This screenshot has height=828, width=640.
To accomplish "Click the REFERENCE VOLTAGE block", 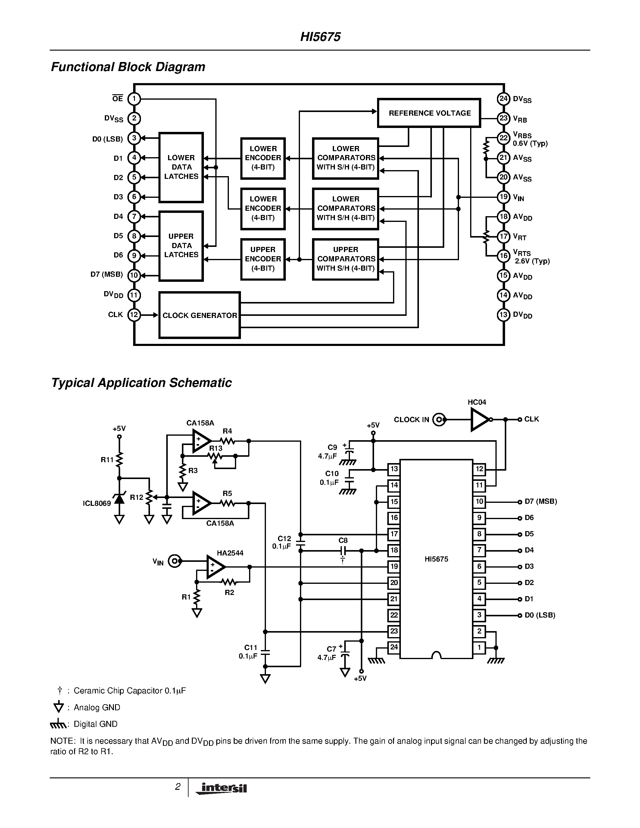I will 429,113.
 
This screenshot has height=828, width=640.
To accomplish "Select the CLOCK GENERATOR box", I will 199,315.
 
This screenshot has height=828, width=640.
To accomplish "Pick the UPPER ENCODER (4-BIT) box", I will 263,259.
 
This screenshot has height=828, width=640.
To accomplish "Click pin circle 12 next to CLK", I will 134,315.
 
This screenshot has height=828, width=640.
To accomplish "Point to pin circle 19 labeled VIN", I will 503,197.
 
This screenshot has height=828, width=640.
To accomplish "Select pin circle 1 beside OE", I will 134,99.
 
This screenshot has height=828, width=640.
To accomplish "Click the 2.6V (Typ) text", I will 532,261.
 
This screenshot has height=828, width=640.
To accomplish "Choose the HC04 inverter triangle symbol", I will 479,420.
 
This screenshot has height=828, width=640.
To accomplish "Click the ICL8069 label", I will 97,503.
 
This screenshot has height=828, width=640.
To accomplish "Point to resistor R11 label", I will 107,460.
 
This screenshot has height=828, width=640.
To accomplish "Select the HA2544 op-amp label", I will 230,553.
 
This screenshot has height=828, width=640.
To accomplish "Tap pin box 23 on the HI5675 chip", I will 394,631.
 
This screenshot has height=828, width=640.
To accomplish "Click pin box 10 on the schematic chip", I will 479,502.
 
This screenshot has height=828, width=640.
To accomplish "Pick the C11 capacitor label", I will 251,648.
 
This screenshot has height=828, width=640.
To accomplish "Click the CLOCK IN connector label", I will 411,420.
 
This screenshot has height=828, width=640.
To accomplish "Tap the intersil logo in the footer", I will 222,788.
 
